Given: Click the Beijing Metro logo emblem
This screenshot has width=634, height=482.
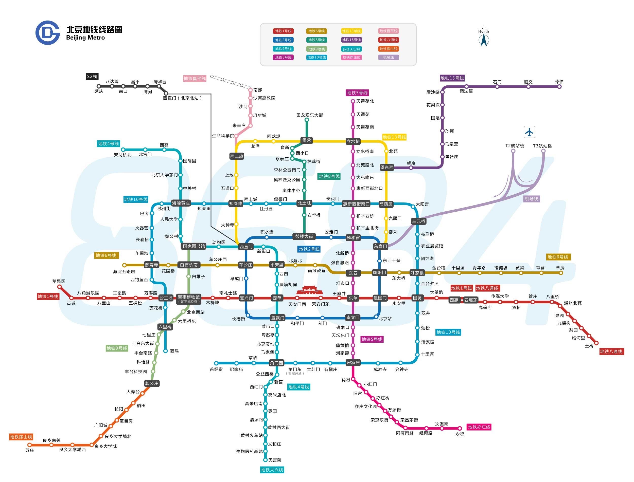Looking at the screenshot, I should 47,33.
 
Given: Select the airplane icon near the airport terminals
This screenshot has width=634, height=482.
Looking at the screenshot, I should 529,132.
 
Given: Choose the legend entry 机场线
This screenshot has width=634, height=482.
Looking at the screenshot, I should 389,57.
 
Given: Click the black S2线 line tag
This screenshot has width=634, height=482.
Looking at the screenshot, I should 92,76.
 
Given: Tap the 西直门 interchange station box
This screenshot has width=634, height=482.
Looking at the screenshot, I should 246,247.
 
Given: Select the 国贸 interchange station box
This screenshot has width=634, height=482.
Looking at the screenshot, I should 417,298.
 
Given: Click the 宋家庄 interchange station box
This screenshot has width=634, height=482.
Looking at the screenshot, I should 353,363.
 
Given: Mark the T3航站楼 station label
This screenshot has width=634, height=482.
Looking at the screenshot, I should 542,146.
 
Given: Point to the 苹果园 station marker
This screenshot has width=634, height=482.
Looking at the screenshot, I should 59,287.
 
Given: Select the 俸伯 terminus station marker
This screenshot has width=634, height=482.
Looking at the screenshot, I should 559,86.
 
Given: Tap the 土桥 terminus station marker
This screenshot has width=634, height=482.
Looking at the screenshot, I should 596,343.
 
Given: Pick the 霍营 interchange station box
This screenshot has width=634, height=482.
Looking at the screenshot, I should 307,140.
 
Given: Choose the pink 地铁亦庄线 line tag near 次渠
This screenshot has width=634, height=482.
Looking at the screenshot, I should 479,427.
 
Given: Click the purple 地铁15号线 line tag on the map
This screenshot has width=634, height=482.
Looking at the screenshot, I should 452,78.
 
